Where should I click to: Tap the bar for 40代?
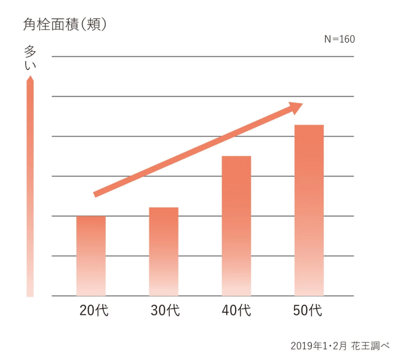click(x=236, y=225)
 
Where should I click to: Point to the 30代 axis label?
click(x=165, y=310)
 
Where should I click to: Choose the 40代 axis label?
click(x=236, y=310)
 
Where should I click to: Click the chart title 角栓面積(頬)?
click(x=65, y=25)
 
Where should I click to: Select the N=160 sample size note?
click(x=339, y=39)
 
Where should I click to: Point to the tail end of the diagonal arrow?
click(x=95, y=194)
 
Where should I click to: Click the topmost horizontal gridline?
click(x=202, y=57)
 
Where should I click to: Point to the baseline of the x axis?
click(x=202, y=296)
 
